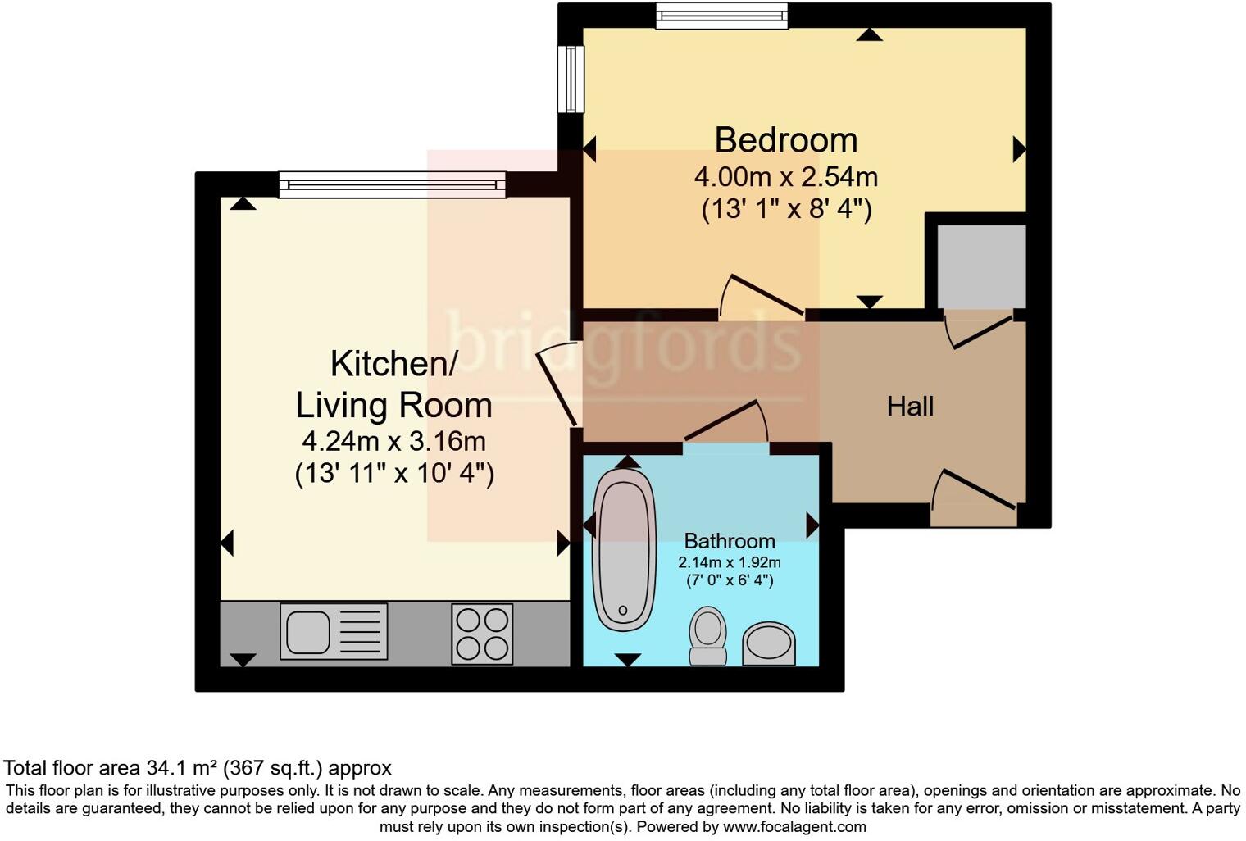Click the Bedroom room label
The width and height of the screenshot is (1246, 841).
tap(785, 140)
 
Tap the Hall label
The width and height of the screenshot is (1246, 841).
tap(910, 407)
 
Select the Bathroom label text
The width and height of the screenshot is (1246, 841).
tap(729, 541)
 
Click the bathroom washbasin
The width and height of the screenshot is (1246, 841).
tap(769, 643)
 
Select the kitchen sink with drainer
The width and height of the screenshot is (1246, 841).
tap(333, 631)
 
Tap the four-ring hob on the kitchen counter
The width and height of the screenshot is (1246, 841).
tap(482, 634)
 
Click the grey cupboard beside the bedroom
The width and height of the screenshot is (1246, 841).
tap(980, 266)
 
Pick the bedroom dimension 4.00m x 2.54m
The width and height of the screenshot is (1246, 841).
tap(785, 177)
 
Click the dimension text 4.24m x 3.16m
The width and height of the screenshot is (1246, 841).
tap(393, 442)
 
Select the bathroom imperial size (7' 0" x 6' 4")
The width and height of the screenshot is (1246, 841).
tap(729, 580)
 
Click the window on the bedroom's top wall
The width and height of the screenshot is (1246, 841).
tap(721, 16)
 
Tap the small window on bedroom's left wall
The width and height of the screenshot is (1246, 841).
tap(570, 79)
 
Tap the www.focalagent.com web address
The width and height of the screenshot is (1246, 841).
tap(794, 826)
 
